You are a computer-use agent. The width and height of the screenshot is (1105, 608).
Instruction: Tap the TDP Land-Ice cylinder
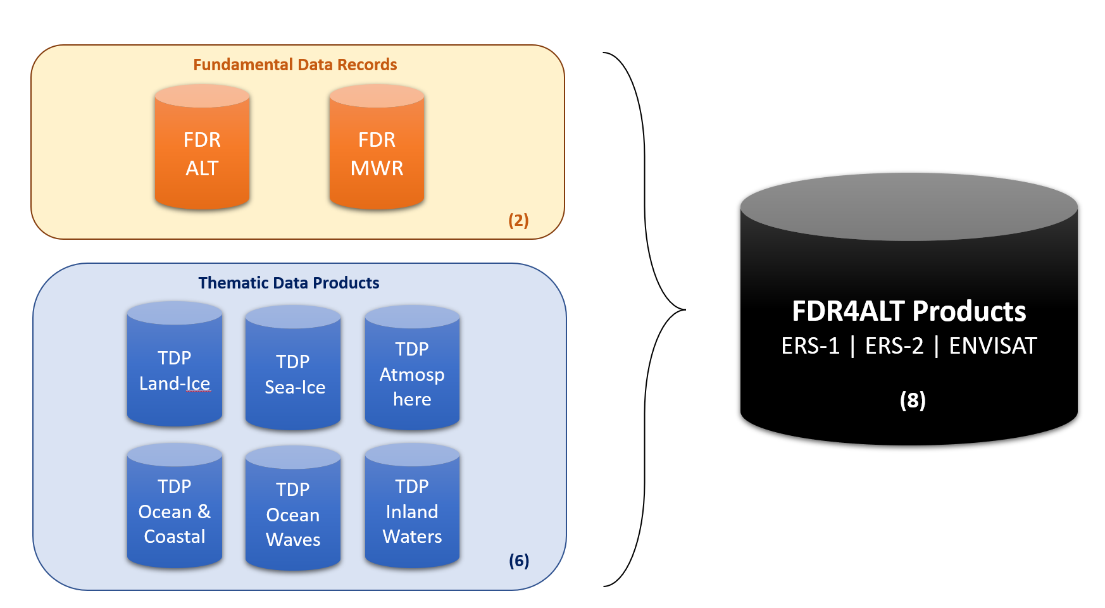pyautogui.click(x=175, y=370)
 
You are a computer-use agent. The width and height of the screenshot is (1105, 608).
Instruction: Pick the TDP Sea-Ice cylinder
pyautogui.click(x=293, y=374)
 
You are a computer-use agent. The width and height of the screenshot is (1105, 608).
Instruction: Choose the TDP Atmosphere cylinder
pyautogui.click(x=412, y=374)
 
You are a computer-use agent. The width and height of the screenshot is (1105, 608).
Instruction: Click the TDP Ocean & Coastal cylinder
pyautogui.click(x=175, y=511)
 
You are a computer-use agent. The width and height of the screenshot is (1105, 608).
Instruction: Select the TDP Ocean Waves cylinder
pyautogui.click(x=293, y=514)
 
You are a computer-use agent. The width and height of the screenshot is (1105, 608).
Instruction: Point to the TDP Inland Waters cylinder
pyautogui.click(x=412, y=511)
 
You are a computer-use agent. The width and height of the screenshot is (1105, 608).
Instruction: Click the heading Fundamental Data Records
pyautogui.click(x=295, y=65)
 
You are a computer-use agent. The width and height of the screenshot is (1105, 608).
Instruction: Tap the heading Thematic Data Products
pyautogui.click(x=289, y=283)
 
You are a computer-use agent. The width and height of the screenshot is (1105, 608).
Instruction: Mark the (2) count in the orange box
pyautogui.click(x=518, y=220)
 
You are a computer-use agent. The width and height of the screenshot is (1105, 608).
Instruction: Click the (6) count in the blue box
pyautogui.click(x=519, y=561)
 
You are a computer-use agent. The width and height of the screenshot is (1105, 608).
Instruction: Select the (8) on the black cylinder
pyautogui.click(x=913, y=400)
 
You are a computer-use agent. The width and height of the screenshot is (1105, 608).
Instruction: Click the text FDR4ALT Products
pyautogui.click(x=909, y=311)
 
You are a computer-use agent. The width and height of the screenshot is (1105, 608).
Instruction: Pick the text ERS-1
pyautogui.click(x=810, y=346)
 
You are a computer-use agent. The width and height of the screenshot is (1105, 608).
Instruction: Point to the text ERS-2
pyautogui.click(x=894, y=346)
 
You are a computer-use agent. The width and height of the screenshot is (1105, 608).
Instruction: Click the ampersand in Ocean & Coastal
pyautogui.click(x=204, y=511)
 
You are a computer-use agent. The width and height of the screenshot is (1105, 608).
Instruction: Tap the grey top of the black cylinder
pyautogui.click(x=909, y=206)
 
